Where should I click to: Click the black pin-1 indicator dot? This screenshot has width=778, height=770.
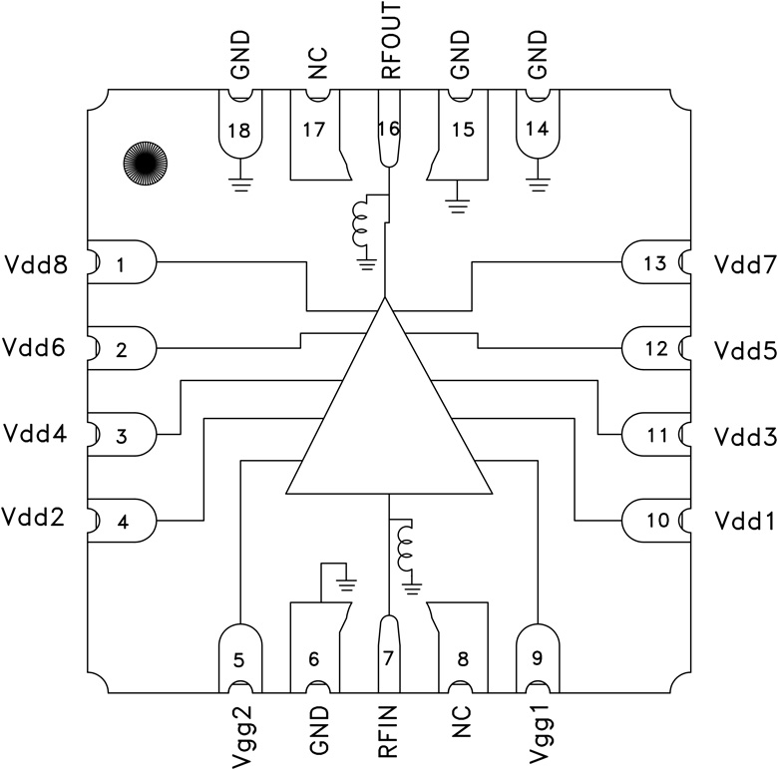[x=144, y=161]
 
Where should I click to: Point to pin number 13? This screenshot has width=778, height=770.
[x=654, y=264]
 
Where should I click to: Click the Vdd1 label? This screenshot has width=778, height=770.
[x=741, y=520]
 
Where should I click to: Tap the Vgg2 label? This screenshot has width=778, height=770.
[x=236, y=734]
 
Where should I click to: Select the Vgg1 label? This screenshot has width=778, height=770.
[x=538, y=734]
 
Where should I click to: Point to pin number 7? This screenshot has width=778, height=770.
[x=389, y=659]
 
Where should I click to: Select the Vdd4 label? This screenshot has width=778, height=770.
[x=37, y=435]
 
